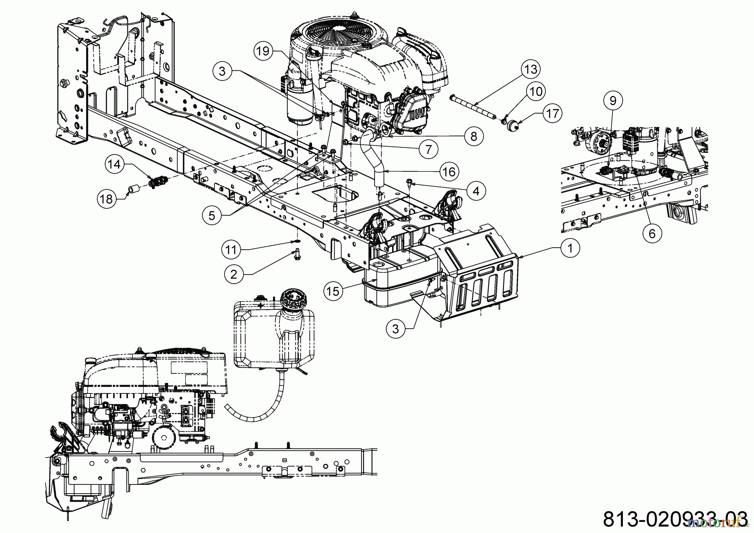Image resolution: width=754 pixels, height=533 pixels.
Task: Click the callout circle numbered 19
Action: tap(263, 52)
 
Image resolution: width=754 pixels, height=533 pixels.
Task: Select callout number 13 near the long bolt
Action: tap(531, 69)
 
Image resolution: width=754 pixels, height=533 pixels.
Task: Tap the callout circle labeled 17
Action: tap(553, 113)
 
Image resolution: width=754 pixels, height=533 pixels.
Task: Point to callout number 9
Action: tap(613, 100)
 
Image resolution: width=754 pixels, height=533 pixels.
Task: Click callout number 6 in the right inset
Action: tap(652, 233)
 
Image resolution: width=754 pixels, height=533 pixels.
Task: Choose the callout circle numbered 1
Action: tap(569, 248)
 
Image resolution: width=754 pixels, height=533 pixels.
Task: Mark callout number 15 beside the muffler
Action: tap(333, 290)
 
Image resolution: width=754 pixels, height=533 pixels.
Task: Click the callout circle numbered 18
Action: tap(107, 199)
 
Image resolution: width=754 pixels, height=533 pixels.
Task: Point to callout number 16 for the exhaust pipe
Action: tap(449, 171)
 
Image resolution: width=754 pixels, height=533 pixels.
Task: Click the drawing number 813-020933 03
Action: tap(674, 518)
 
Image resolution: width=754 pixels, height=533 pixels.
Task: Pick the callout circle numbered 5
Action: tap(212, 215)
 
